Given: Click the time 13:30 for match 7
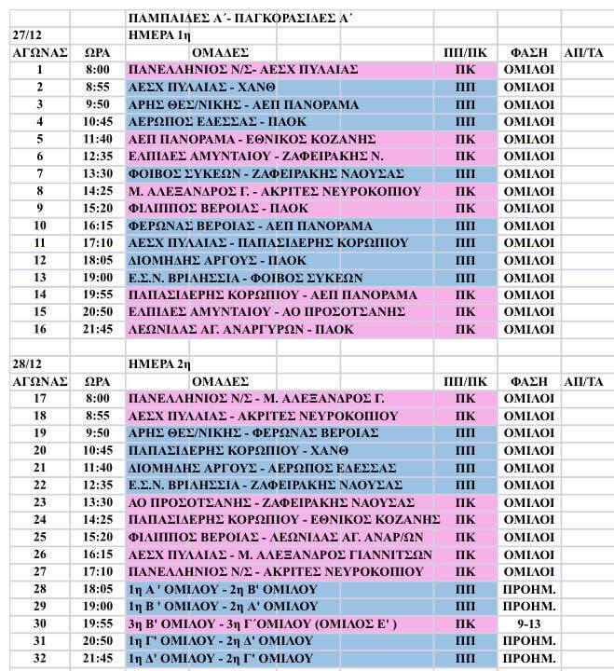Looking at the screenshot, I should pyautogui.click(x=98, y=173).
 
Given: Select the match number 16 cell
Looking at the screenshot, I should pyautogui.click(x=40, y=329).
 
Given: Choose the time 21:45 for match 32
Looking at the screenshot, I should pyautogui.click(x=98, y=659).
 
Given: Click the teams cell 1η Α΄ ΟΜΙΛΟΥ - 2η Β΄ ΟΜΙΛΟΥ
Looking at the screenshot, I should pyautogui.click(x=223, y=589).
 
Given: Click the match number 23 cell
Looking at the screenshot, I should pyautogui.click(x=40, y=502).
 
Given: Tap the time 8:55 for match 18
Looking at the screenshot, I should pyautogui.click(x=98, y=416).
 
